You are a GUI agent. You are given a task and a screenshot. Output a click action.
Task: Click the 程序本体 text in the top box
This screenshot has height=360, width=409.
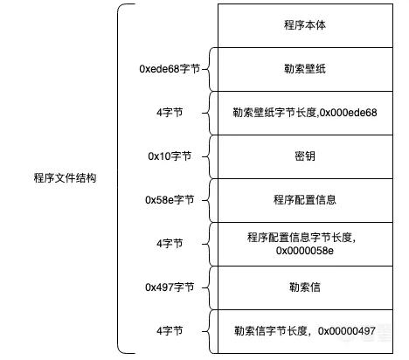click(x=305, y=25)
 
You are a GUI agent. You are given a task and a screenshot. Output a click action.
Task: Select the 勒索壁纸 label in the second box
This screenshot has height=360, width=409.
click(x=305, y=69)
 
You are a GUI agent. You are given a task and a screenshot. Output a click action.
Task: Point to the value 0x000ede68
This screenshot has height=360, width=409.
click(x=348, y=113)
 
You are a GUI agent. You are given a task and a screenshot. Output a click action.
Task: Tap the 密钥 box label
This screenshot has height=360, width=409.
click(x=305, y=156)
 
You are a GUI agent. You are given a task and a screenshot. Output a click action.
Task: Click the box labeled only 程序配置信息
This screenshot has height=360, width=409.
click(x=305, y=200)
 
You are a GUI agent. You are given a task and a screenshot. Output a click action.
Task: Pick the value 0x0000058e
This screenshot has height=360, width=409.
click(x=305, y=251)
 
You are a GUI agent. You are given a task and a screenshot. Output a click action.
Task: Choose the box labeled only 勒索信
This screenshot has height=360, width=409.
click(x=305, y=287)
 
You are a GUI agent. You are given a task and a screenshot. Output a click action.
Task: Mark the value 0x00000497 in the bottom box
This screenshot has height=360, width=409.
click(x=347, y=331)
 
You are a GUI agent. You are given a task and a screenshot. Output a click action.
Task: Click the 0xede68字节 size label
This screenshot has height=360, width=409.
click(x=170, y=69)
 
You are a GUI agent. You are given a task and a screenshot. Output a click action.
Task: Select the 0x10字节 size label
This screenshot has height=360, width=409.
click(x=170, y=156)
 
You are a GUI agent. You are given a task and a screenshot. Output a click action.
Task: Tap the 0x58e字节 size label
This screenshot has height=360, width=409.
click(x=170, y=200)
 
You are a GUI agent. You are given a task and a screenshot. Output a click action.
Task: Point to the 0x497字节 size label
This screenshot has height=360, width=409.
click(x=170, y=287)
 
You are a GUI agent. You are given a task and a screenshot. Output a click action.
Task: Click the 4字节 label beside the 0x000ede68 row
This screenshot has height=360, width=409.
click(x=170, y=113)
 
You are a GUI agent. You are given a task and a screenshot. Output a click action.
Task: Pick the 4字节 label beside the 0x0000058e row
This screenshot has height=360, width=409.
click(x=170, y=244)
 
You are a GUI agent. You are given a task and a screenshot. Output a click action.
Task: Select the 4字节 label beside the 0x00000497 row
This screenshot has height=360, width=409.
click(x=170, y=331)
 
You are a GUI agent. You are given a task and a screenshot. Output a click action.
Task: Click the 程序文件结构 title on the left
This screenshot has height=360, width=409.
click(x=65, y=178)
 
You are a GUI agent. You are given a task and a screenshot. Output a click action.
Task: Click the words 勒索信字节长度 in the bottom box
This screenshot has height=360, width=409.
click(x=271, y=331)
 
